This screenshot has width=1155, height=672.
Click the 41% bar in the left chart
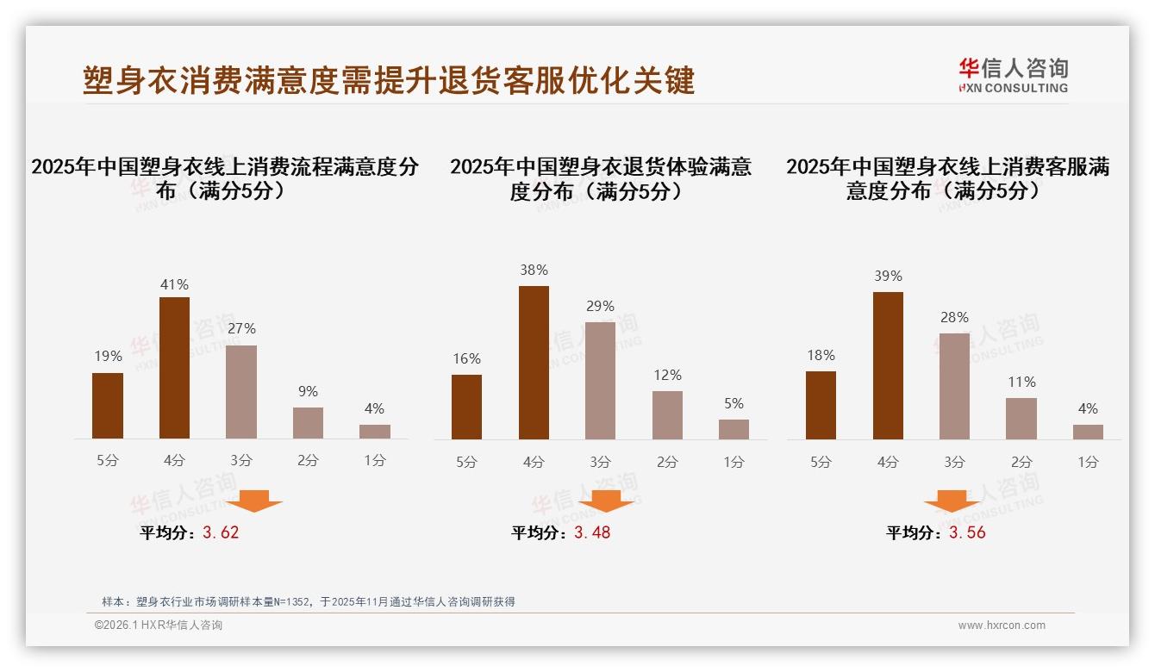coord(174,368)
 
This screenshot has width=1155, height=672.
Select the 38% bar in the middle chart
coord(534,363)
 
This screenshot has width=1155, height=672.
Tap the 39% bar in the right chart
coord(888,365)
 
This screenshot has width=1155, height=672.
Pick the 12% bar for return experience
coord(667,415)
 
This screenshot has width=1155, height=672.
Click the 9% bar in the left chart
coord(308,423)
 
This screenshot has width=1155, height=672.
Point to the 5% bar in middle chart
coord(734,429)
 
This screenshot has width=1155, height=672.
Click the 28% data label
coord(954,317)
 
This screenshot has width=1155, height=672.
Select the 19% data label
coord(108,356)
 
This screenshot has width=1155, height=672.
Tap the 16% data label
coord(466,358)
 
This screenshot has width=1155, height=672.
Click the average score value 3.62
coord(221,532)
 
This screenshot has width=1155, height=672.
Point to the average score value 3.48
coord(592,532)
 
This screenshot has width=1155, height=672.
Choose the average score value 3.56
coord(967,532)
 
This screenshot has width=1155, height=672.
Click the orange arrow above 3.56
coord(952,501)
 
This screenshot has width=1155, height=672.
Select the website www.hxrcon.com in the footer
coord(1002,625)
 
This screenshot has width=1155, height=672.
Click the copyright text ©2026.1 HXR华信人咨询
coord(159,625)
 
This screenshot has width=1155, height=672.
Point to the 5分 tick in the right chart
coord(821,462)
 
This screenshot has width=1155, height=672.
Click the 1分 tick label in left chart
coord(375,460)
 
